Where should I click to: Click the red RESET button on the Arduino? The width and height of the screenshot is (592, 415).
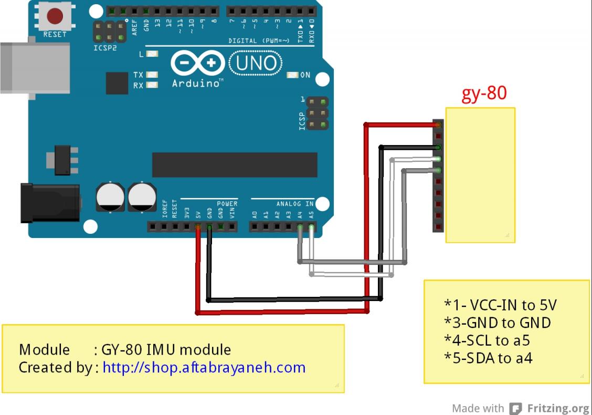click(55, 16)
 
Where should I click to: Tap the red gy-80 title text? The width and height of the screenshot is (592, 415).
click(484, 93)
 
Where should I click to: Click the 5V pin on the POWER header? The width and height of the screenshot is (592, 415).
click(198, 227)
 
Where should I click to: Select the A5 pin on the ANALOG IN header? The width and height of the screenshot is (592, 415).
click(312, 227)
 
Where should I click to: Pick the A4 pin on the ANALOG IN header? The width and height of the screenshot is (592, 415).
click(300, 227)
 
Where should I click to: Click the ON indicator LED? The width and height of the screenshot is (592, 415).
click(293, 75)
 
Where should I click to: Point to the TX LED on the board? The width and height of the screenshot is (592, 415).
click(152, 75)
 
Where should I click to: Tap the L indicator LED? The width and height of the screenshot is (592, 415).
click(152, 54)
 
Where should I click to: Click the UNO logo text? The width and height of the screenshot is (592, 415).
click(256, 64)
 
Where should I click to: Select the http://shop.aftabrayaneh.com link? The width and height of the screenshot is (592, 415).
click(204, 367)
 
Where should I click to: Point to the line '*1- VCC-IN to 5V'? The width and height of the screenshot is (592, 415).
click(500, 305)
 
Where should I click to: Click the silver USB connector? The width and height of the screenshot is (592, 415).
click(35, 68)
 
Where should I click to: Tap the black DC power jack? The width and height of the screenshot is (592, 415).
click(50, 202)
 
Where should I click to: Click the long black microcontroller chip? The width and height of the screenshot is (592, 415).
click(235, 165)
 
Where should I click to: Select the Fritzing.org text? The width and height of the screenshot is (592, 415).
click(558, 408)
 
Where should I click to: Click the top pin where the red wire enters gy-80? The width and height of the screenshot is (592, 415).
click(438, 125)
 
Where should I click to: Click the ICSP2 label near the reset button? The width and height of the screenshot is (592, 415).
click(105, 48)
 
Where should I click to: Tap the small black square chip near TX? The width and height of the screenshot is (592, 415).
click(117, 84)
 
